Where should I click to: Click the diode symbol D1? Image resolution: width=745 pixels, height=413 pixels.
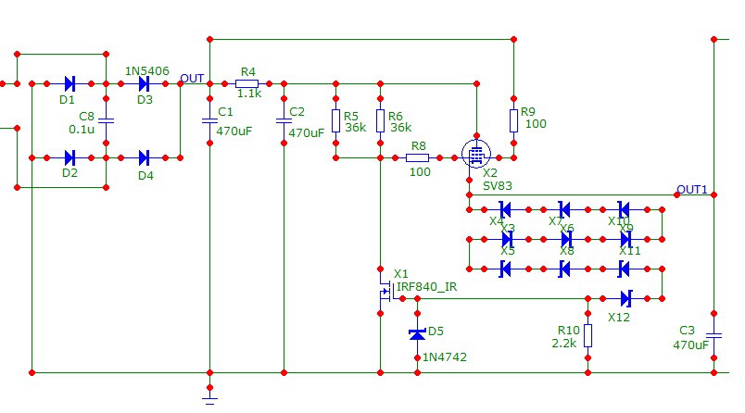click(69, 83)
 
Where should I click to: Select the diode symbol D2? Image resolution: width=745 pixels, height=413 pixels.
click(69, 157)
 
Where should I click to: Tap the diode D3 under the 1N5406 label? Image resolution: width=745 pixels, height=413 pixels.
click(145, 83)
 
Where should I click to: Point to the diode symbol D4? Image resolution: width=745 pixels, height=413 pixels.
click(145, 157)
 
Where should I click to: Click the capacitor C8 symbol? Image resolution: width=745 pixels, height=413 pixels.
click(106, 120)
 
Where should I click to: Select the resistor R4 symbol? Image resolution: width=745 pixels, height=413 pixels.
click(247, 83)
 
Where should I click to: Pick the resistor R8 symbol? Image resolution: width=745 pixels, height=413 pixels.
click(419, 158)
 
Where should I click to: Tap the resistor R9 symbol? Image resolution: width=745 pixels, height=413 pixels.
click(512, 120)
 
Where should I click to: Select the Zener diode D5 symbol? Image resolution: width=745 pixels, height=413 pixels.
click(416, 332)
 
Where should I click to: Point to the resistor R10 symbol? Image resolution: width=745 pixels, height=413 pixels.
click(587, 335)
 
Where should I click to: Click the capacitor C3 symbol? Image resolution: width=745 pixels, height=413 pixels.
click(713, 335)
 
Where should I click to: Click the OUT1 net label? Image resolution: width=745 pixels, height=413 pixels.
click(692, 190)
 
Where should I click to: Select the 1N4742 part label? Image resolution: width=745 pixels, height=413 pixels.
click(443, 357)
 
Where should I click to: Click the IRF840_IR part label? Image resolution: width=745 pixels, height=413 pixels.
click(426, 287)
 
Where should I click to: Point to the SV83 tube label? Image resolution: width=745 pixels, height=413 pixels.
click(498, 185)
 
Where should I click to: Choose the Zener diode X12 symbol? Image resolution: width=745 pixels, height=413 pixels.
click(625, 298)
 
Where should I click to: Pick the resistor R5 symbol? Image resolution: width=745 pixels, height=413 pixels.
click(336, 120)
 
